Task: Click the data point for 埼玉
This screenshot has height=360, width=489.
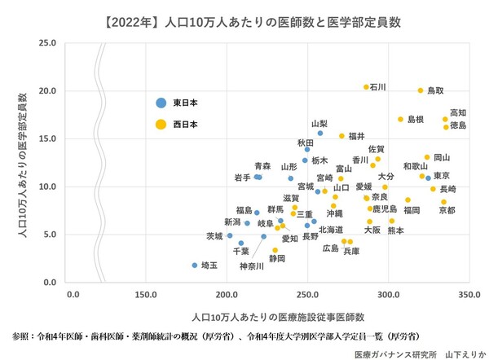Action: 194,265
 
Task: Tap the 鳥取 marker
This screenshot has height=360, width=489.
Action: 421,90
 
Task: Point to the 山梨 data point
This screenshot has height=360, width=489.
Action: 320,133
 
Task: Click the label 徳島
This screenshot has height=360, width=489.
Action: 459,126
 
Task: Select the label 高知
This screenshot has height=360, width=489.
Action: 459,113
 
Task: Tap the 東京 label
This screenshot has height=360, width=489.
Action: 443,176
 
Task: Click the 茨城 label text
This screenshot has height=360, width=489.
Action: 214,236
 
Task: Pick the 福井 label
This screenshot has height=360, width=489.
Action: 356,136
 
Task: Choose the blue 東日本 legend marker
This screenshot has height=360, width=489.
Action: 161,103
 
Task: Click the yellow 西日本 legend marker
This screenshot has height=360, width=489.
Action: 161,125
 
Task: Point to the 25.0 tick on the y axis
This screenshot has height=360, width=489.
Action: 48,43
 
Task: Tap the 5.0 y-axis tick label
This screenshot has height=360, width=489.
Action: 51,235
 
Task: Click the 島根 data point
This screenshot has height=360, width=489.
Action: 401,119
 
